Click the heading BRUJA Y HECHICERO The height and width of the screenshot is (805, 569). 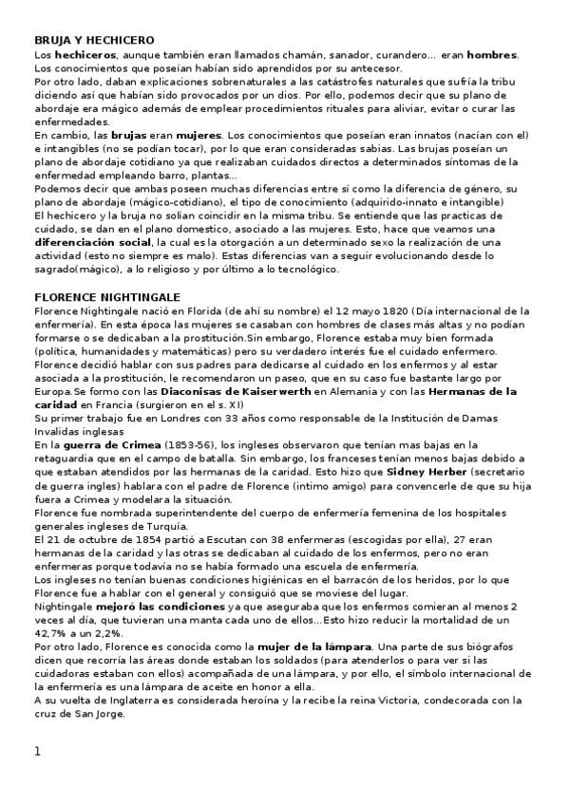coord(93,41)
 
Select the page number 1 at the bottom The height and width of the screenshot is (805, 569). coord(37,752)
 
